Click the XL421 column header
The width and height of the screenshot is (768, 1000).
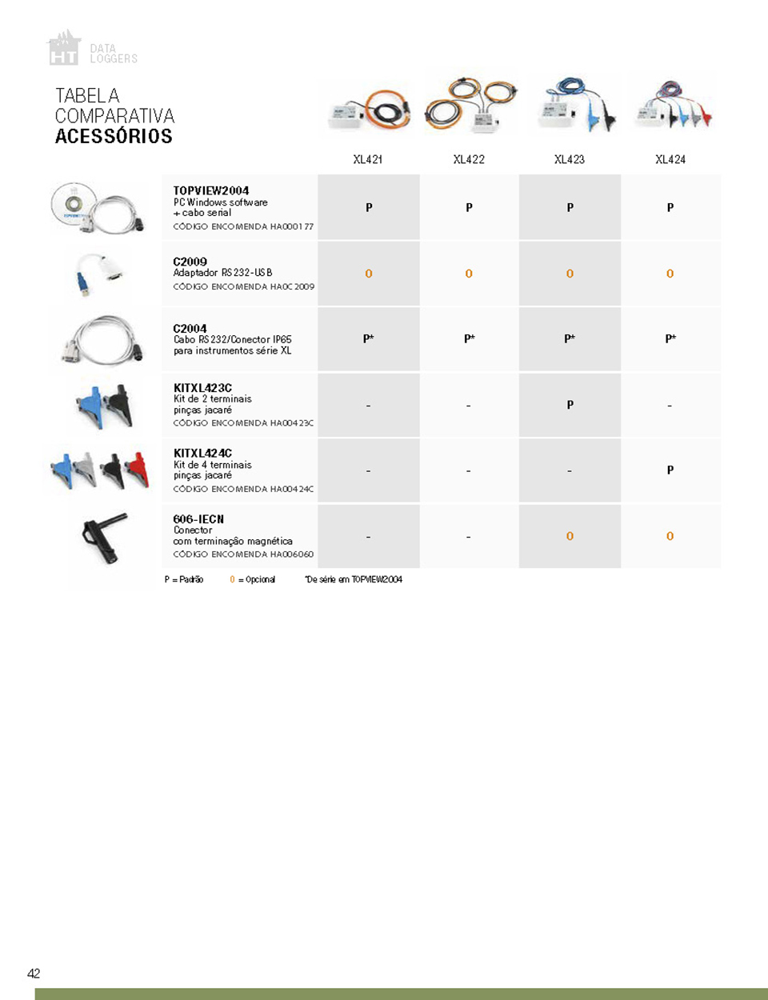(x=368, y=159)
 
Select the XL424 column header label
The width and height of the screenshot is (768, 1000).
(x=670, y=159)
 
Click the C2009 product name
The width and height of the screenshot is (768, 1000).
(x=190, y=262)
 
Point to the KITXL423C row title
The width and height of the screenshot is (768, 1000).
(x=202, y=388)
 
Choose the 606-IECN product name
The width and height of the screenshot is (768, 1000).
(x=198, y=519)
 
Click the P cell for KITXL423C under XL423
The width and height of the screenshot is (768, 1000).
(x=570, y=405)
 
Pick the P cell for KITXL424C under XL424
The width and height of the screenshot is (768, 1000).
(x=670, y=470)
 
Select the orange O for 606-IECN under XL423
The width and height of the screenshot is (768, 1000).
(x=570, y=536)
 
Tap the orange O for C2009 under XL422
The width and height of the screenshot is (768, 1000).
(x=469, y=274)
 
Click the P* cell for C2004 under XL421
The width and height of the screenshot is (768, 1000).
(x=368, y=338)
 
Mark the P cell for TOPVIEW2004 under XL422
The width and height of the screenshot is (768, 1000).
(x=469, y=207)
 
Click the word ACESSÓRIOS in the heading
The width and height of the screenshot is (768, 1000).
(x=114, y=137)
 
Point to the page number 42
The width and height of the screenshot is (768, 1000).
(x=34, y=974)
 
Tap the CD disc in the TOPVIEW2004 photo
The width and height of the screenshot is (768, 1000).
(x=73, y=203)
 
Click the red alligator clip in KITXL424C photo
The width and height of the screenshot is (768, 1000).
(x=138, y=470)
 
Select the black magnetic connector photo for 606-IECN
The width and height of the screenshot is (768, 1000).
(x=105, y=536)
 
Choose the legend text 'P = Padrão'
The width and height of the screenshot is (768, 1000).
(x=184, y=579)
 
